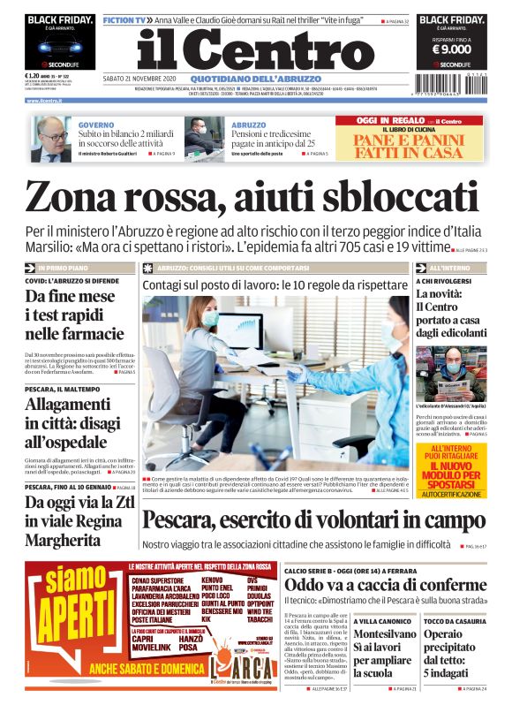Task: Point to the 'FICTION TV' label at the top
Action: (x=123, y=19)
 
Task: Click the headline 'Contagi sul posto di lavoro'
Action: (x=275, y=285)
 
